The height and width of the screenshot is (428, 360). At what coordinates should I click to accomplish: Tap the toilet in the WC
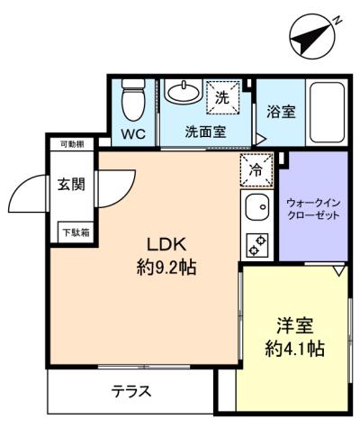click(x=133, y=100)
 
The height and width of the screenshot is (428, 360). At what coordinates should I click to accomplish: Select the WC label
click(x=133, y=134)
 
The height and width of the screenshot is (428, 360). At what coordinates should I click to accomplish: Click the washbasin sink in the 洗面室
click(x=183, y=91)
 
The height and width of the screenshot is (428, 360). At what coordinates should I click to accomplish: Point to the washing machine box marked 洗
click(x=222, y=97)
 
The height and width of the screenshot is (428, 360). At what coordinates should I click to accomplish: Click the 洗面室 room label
click(x=205, y=132)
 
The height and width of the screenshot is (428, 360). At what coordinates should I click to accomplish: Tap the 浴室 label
click(x=281, y=112)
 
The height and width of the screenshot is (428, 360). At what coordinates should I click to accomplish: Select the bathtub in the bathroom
click(x=327, y=113)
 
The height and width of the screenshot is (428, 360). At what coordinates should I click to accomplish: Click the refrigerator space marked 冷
click(x=256, y=170)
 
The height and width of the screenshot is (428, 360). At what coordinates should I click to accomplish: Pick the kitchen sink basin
click(x=256, y=207)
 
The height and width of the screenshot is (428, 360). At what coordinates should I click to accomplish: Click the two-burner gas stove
click(x=256, y=245)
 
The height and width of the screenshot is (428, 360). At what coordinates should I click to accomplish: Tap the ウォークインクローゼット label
click(x=313, y=209)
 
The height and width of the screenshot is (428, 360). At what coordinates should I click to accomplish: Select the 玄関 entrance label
click(x=71, y=184)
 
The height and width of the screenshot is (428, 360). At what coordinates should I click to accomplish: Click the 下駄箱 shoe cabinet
click(x=76, y=232)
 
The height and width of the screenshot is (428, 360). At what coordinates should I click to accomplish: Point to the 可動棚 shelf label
click(x=72, y=144)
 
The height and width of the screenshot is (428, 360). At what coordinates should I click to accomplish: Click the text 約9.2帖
click(x=166, y=268)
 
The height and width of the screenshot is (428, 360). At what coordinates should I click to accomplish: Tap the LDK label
click(x=166, y=244)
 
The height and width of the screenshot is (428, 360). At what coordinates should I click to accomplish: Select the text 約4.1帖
click(x=294, y=349)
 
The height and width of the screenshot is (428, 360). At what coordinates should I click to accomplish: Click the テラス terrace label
click(x=131, y=391)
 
